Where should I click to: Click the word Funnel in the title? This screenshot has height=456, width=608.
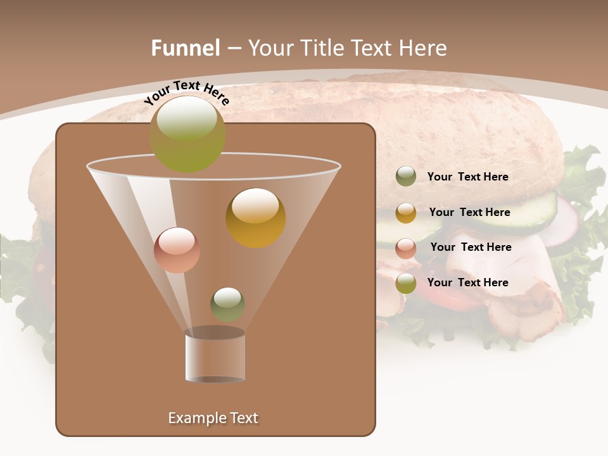[x=186, y=48]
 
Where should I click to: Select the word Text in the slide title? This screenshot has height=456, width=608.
[x=381, y=48]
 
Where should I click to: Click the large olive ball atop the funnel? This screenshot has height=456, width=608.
[x=187, y=134]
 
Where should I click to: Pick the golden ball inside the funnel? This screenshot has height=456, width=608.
[x=256, y=218]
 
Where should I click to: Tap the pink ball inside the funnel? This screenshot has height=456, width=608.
[x=177, y=250]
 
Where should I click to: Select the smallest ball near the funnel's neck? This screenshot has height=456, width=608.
[x=227, y=304]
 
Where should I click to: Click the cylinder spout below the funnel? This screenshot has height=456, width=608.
[x=215, y=356]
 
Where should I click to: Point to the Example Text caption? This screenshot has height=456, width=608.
[x=213, y=418]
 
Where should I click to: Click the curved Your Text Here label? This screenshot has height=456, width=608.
[x=186, y=92]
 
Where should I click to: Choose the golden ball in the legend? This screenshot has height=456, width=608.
[x=406, y=213]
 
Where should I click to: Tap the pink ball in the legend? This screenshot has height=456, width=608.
[x=406, y=248]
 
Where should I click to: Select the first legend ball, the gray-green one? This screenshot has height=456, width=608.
[x=406, y=177]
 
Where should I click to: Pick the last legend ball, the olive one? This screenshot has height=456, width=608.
[x=406, y=283]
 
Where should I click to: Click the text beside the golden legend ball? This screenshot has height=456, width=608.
[x=469, y=212]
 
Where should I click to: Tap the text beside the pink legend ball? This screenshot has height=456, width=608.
[x=471, y=247]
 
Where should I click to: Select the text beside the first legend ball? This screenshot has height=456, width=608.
[x=467, y=177]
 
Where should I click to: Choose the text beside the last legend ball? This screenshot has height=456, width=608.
[x=467, y=282]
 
